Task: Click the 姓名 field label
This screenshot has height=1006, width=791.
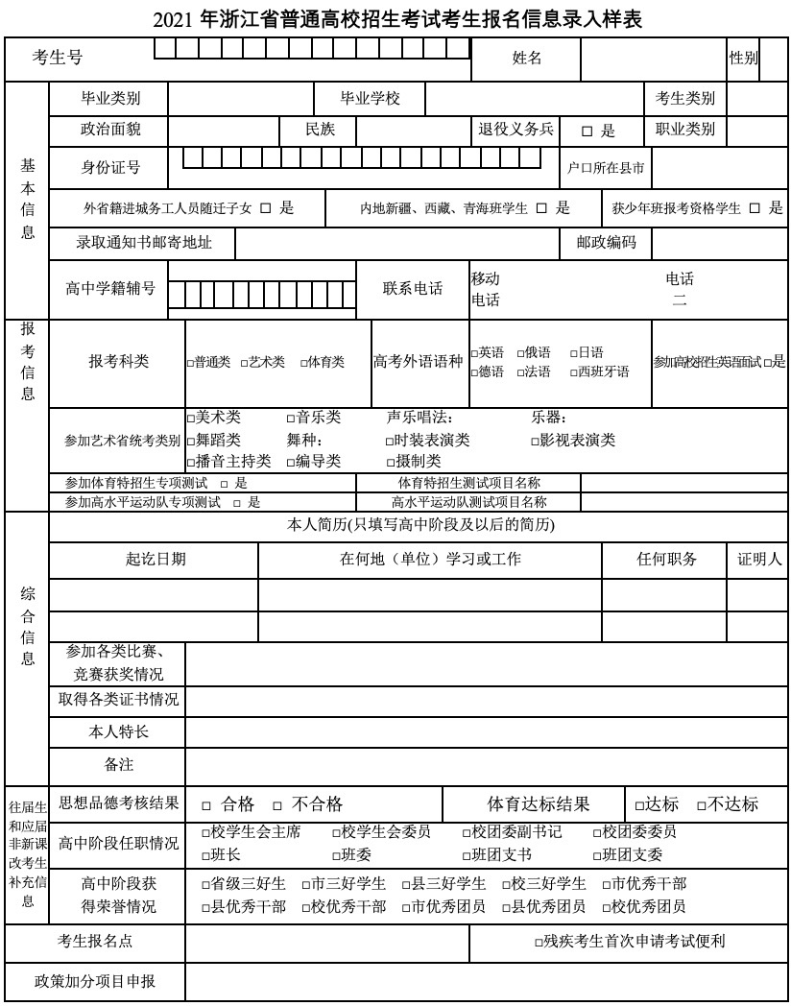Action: (527, 59)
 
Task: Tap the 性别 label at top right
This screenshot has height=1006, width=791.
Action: (744, 59)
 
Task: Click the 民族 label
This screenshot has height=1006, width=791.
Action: (320, 130)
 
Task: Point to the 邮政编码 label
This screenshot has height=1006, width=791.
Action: (606, 244)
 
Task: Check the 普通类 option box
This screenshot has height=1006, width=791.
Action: (190, 363)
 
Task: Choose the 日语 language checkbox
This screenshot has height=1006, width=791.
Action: (573, 353)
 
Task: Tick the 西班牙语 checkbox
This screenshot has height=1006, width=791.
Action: (573, 372)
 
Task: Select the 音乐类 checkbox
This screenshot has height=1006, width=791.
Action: (291, 419)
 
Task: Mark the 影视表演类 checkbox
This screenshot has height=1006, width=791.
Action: (535, 441)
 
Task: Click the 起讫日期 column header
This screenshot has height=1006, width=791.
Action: (156, 560)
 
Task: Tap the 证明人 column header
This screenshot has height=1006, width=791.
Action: (759, 560)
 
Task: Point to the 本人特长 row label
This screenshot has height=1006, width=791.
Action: (118, 732)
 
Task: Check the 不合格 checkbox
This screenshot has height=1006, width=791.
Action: (277, 805)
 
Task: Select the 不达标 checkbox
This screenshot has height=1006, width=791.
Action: (702, 805)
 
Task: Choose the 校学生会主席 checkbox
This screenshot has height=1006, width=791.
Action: (205, 832)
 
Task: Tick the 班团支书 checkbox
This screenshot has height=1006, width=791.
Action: (467, 855)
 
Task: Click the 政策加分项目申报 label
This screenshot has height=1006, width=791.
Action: (95, 981)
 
